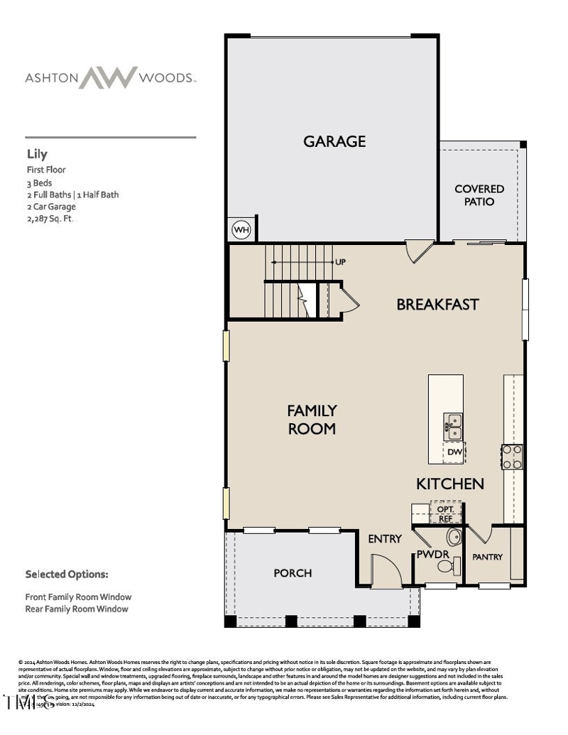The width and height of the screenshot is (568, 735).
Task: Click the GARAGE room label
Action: (334, 141)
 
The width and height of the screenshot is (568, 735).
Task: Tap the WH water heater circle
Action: (241, 230)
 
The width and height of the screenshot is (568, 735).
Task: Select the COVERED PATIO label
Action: (479, 195)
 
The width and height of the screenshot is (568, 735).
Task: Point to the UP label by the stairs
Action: (340, 262)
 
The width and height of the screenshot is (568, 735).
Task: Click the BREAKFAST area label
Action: (437, 305)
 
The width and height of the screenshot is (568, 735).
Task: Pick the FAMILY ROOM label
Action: (312, 420)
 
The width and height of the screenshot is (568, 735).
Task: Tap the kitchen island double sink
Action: (453, 427)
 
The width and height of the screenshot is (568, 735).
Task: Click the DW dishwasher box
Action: (454, 452)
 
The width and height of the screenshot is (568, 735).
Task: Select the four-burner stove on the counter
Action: (513, 457)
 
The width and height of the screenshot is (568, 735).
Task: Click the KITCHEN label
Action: (449, 484)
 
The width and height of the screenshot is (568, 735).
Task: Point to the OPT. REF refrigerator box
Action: (445, 513)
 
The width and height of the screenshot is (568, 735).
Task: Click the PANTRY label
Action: (487, 557)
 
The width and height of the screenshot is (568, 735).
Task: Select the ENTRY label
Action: (385, 539)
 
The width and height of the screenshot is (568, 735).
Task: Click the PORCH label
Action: (293, 573)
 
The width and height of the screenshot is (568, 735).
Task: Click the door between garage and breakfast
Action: (418, 250)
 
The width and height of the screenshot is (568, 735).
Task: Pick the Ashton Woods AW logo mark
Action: (107, 77)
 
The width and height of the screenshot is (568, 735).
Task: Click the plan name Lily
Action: (37, 153)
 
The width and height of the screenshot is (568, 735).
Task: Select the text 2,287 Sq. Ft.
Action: (50, 219)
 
